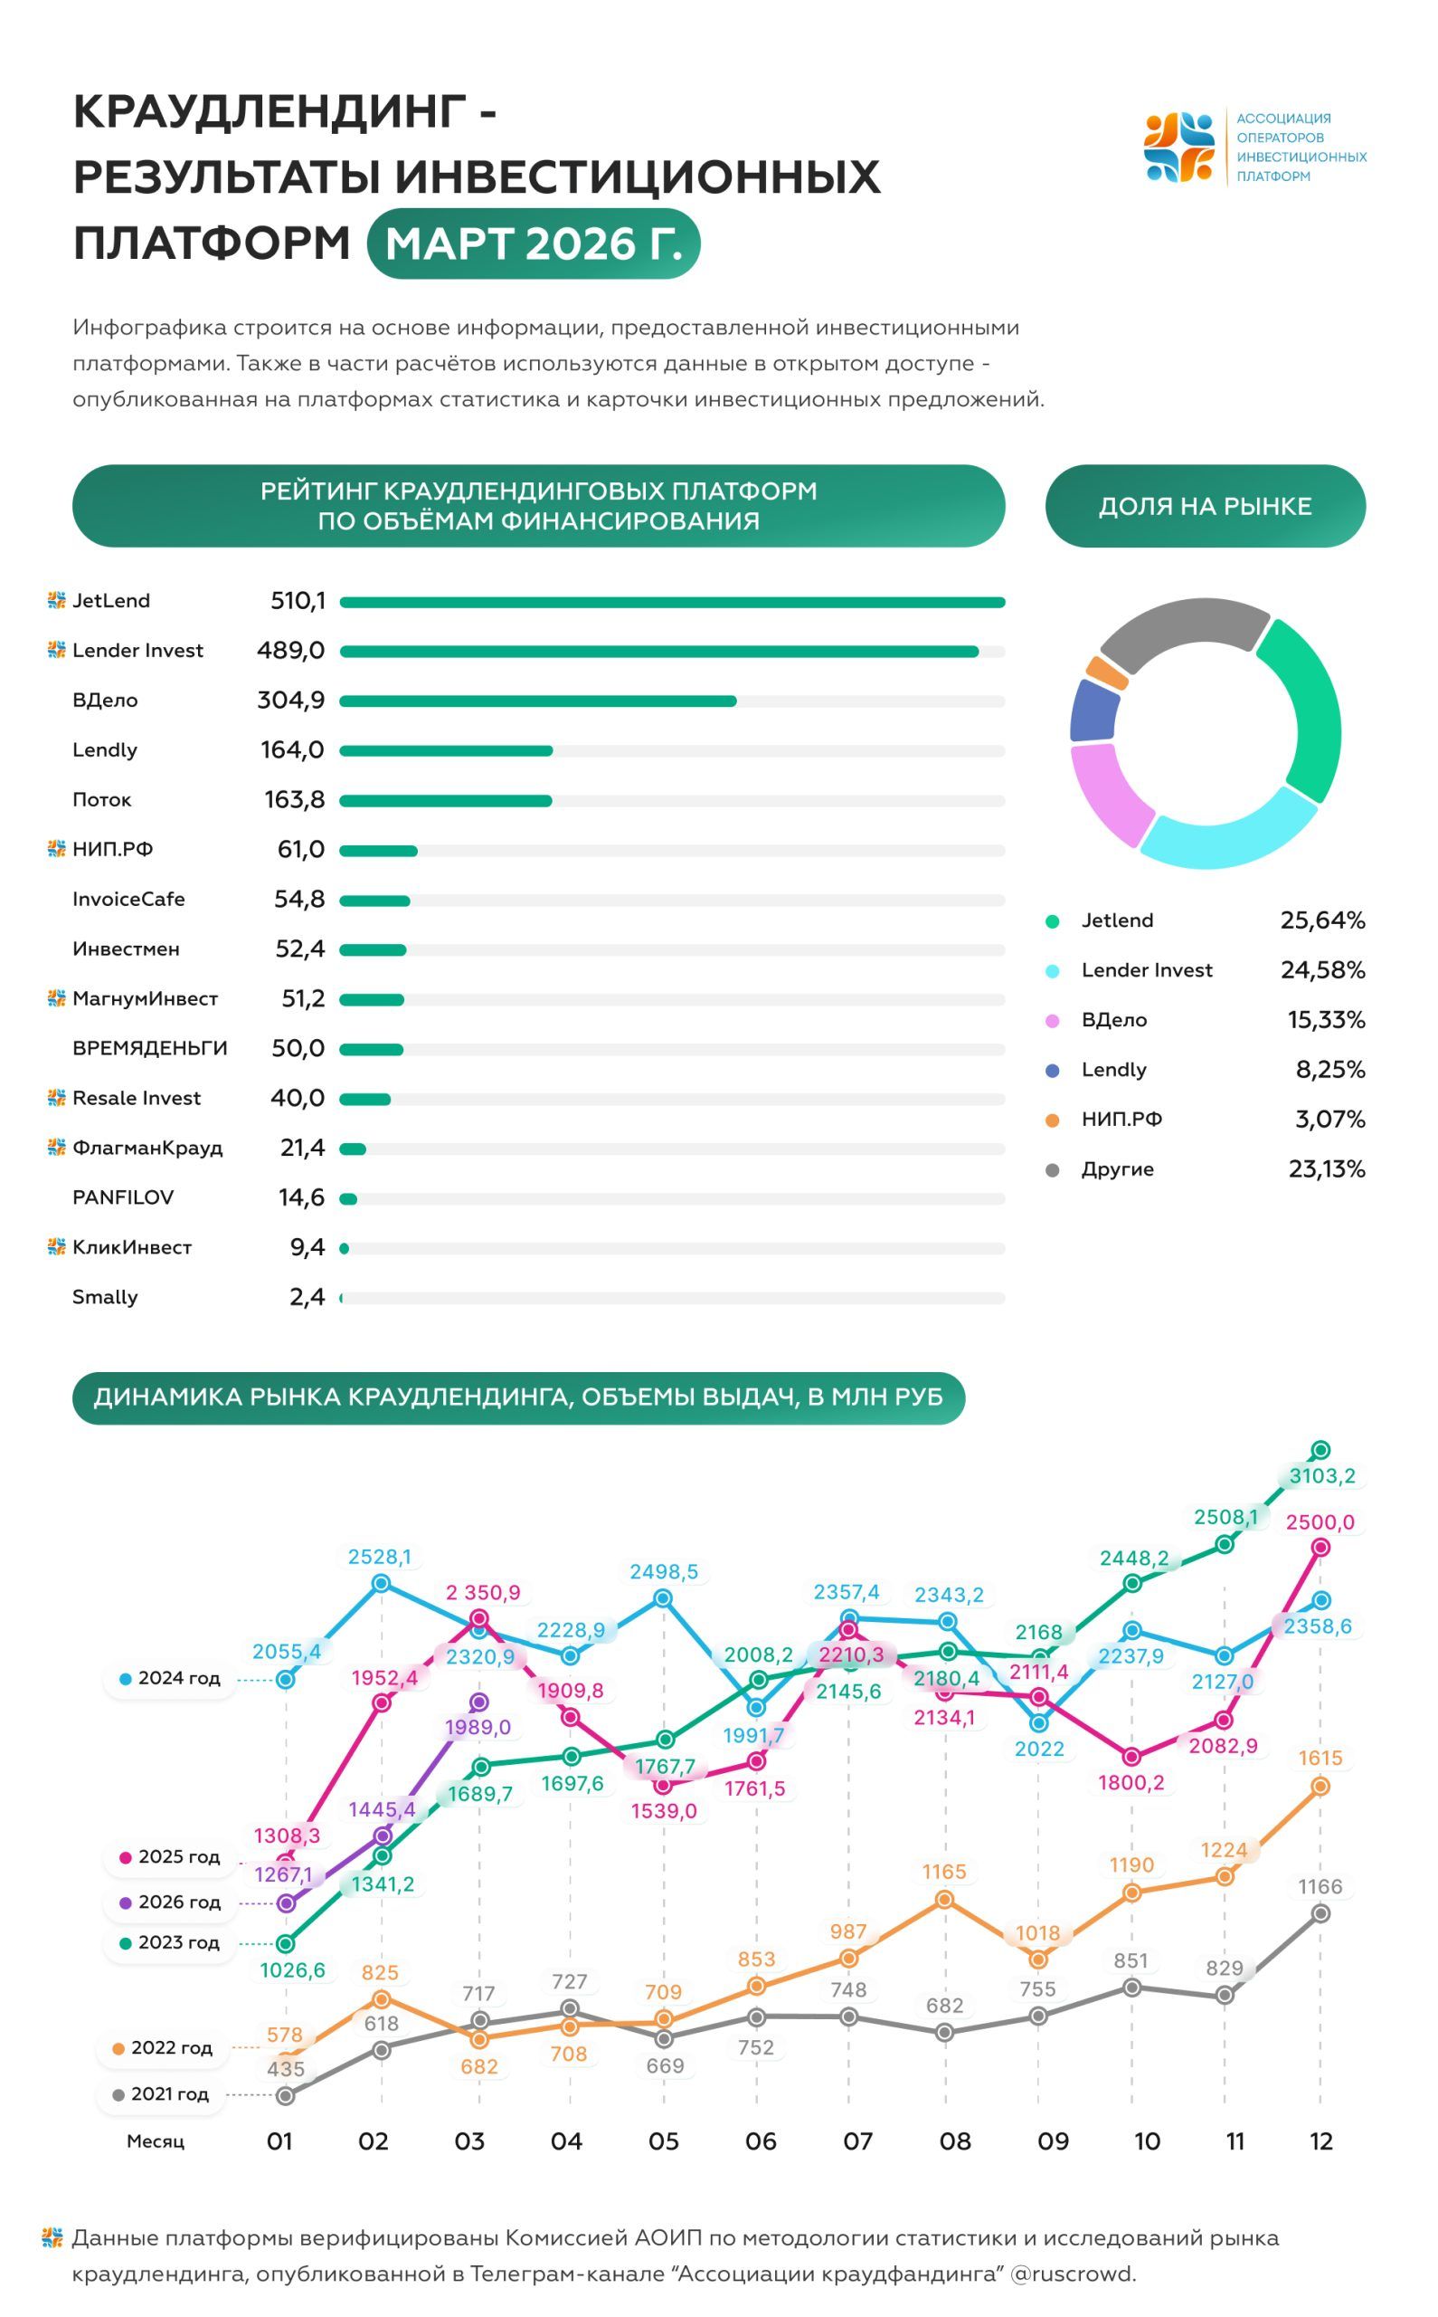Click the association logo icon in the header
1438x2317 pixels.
pyautogui.click(x=1179, y=148)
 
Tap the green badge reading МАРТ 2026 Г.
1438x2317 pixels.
pyautogui.click(x=534, y=243)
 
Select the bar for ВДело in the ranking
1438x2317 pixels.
pyautogui.click(x=538, y=701)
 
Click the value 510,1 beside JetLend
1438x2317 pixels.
pyautogui.click(x=298, y=600)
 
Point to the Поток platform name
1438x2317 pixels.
pyautogui.click(x=102, y=799)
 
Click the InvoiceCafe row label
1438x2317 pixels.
pyautogui.click(x=128, y=900)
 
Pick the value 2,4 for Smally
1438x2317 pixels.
pyautogui.click(x=307, y=1297)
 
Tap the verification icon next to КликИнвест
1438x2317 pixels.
pyautogui.click(x=56, y=1246)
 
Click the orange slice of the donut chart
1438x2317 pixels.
pyautogui.click(x=1107, y=672)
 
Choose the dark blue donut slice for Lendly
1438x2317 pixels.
pyautogui.click(x=1093, y=710)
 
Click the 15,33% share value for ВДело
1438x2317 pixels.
pyautogui.click(x=1326, y=1020)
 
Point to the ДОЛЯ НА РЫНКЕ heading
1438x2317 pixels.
pyautogui.click(x=1205, y=506)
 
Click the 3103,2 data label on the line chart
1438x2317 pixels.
pyautogui.click(x=1322, y=1476)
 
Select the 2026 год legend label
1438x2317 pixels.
pyautogui.click(x=179, y=1902)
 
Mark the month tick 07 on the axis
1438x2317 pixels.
pyautogui.click(x=858, y=2142)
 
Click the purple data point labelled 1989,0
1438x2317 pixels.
pyautogui.click(x=479, y=1702)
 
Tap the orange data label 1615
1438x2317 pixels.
pyautogui.click(x=1320, y=1759)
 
